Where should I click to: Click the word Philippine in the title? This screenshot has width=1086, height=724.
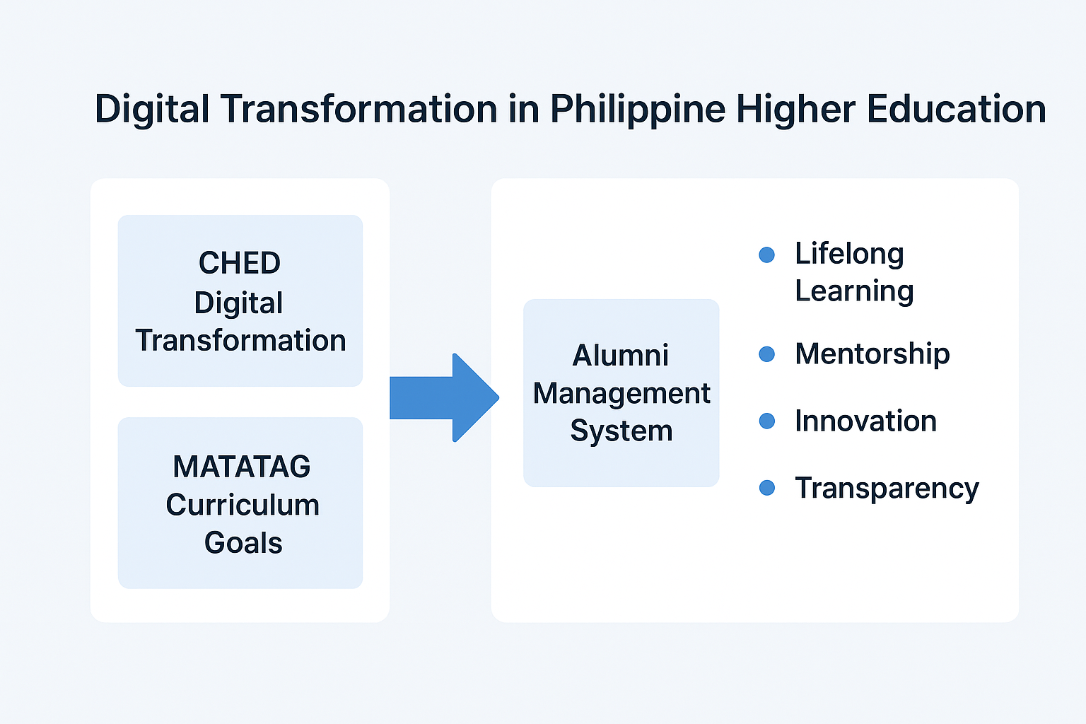[637, 110]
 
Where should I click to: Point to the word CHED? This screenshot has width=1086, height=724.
[240, 263]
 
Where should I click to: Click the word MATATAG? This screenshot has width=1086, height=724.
[242, 467]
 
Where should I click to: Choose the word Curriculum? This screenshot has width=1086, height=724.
[243, 505]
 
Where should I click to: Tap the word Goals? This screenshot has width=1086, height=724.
[243, 543]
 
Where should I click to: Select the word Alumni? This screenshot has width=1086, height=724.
[621, 355]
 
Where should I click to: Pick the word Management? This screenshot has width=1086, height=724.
[621, 393]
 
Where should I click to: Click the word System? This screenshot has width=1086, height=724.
[621, 431]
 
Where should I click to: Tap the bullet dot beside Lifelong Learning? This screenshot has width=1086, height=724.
[766, 255]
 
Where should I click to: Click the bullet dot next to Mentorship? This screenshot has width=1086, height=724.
[766, 354]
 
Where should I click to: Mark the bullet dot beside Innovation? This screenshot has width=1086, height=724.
[766, 421]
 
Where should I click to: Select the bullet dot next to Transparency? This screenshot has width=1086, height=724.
[766, 488]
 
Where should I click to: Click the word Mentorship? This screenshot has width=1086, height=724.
[872, 354]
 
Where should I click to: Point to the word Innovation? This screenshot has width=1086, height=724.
[865, 421]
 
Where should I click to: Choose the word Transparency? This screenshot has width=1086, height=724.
[887, 489]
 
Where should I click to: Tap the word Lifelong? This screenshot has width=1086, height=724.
[849, 254]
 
